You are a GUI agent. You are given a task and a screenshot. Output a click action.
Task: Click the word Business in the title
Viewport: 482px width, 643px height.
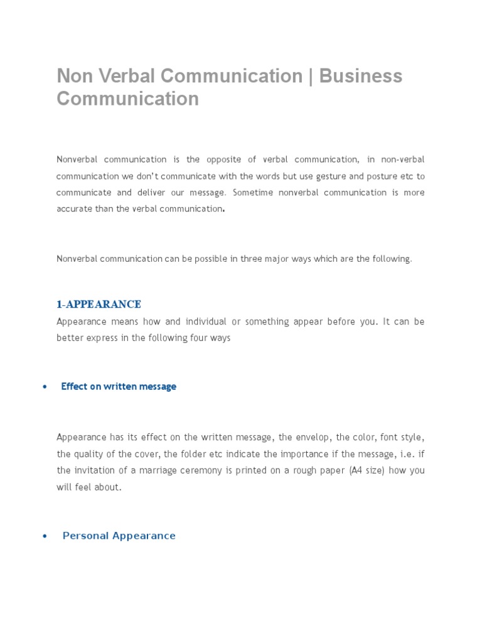(x=360, y=76)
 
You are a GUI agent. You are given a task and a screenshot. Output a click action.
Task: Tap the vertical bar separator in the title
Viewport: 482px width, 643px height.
(x=311, y=76)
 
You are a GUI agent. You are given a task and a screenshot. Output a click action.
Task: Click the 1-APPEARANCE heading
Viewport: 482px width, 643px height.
(x=99, y=305)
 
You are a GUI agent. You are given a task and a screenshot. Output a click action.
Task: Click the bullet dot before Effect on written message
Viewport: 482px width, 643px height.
(x=44, y=387)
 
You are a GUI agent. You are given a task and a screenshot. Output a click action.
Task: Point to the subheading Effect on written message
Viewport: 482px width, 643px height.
(x=119, y=387)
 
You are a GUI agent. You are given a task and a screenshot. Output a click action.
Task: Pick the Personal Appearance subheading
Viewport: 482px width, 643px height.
(x=119, y=536)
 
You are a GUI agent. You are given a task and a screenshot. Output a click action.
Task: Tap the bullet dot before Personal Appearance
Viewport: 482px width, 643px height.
(x=44, y=536)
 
